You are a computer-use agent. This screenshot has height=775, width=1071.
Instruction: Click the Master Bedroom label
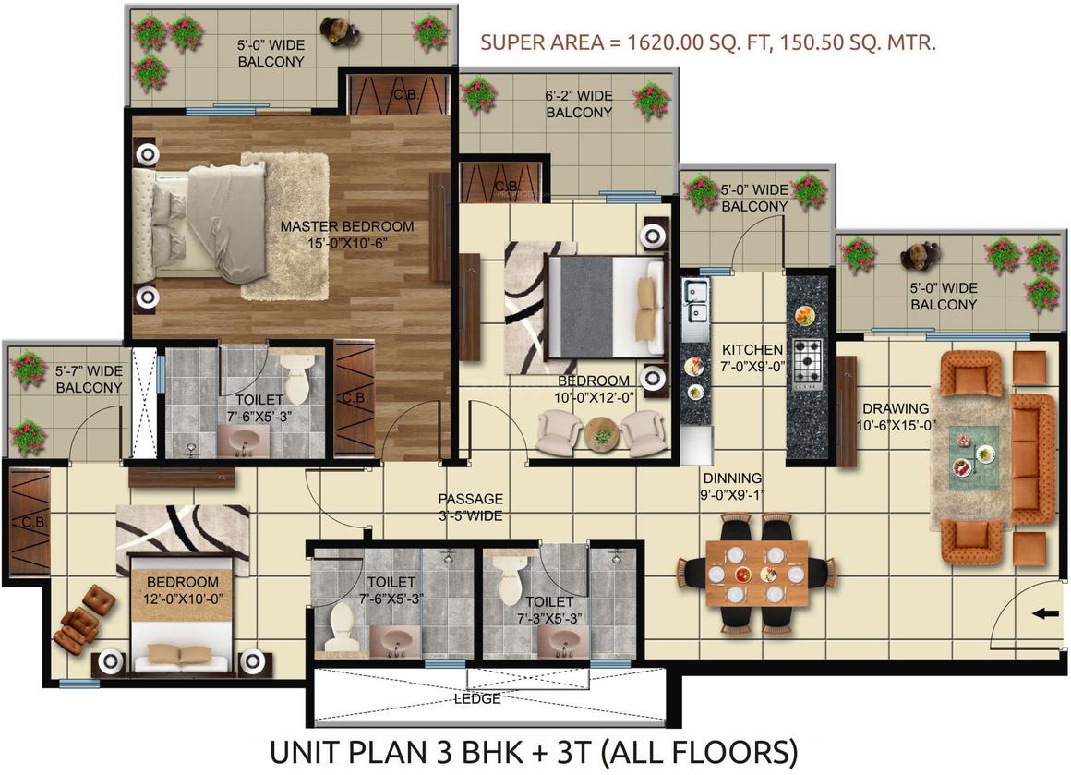[347, 235]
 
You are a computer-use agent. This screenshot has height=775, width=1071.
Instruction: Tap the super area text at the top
[708, 42]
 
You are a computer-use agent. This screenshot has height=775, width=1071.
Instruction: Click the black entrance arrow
[1041, 613]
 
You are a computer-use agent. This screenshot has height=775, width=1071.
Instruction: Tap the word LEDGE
[477, 699]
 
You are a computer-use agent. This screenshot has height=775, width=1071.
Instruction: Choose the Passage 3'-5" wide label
[471, 508]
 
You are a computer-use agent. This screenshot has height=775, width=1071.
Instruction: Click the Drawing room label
[897, 417]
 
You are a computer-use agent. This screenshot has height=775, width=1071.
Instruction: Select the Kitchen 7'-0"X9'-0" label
[752, 358]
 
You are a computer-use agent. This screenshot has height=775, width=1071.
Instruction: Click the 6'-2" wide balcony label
[579, 103]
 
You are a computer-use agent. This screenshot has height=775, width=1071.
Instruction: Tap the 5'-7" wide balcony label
[89, 380]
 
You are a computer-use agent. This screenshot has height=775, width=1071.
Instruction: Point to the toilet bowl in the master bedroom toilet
[296, 379]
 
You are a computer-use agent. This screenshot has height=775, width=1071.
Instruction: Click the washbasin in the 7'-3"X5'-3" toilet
[563, 642]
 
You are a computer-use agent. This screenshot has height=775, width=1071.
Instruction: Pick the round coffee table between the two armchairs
[602, 432]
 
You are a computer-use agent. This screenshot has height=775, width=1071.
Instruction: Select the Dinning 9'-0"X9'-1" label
[731, 487]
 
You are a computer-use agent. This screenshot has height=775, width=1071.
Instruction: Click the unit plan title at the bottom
[534, 752]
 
